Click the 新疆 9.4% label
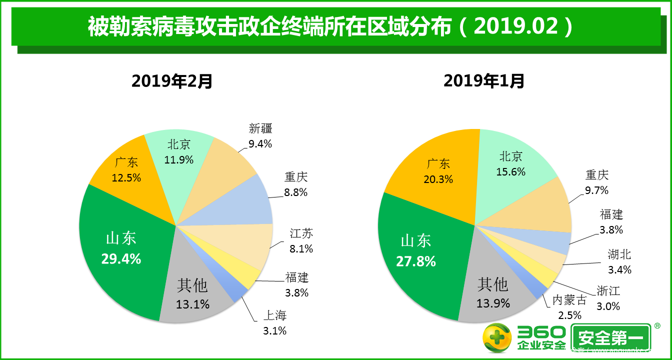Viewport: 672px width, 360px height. click(x=260, y=136)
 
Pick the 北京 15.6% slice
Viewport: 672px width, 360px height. click(x=510, y=164)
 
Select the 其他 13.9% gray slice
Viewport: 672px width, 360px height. click(x=492, y=293)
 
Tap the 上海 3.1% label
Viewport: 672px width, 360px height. click(x=274, y=322)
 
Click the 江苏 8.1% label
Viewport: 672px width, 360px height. click(x=301, y=240)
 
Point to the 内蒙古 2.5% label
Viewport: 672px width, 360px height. click(x=569, y=307)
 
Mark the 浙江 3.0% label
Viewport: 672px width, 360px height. click(x=608, y=298)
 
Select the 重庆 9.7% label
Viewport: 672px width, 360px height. click(x=597, y=182)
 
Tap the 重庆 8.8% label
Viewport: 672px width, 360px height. click(x=296, y=184)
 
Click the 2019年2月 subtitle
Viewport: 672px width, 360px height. click(x=172, y=81)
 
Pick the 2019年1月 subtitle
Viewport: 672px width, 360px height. click(x=484, y=81)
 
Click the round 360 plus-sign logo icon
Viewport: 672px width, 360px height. click(x=497, y=338)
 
